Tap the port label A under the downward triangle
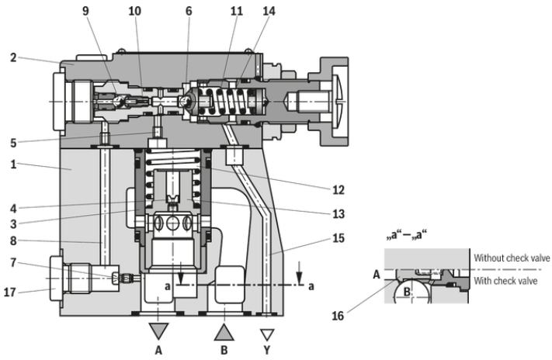[158, 349]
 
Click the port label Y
[268, 349]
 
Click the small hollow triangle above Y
[268, 334]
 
